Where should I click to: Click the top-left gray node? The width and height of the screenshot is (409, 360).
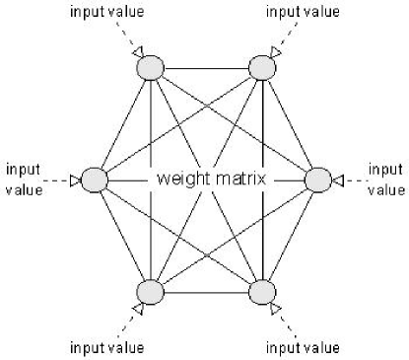coord(150,68)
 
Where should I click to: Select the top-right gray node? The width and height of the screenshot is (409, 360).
coord(262,68)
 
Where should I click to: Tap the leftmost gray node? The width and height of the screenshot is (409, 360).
coord(94,180)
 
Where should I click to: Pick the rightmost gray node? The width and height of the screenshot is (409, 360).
coord(318,180)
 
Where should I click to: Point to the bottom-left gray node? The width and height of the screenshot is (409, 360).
coord(150,293)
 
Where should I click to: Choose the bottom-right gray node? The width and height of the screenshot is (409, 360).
coord(262,293)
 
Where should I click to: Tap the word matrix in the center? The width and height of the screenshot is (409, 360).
coord(242,181)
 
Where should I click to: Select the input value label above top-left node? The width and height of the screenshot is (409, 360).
coord(107,11)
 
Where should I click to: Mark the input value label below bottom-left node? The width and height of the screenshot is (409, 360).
coord(106,348)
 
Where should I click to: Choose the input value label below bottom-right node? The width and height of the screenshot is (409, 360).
coord(304,348)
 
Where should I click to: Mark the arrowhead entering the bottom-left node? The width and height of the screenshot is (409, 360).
coord(137,310)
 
